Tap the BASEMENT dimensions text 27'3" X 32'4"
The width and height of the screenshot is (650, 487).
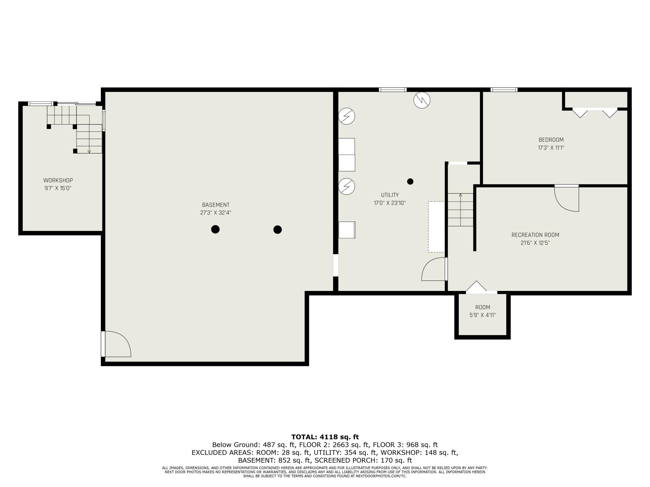pos(216,213)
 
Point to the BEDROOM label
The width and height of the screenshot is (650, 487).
pos(551,140)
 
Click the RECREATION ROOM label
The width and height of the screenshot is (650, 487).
pos(535,235)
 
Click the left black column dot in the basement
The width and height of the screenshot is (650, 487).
pos(215,229)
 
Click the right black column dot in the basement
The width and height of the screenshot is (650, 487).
pos(277,229)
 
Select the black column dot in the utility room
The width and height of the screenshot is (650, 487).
pos(410,181)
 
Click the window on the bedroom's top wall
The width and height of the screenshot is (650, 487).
pos(504,90)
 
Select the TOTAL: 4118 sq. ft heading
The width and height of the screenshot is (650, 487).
pos(325,437)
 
